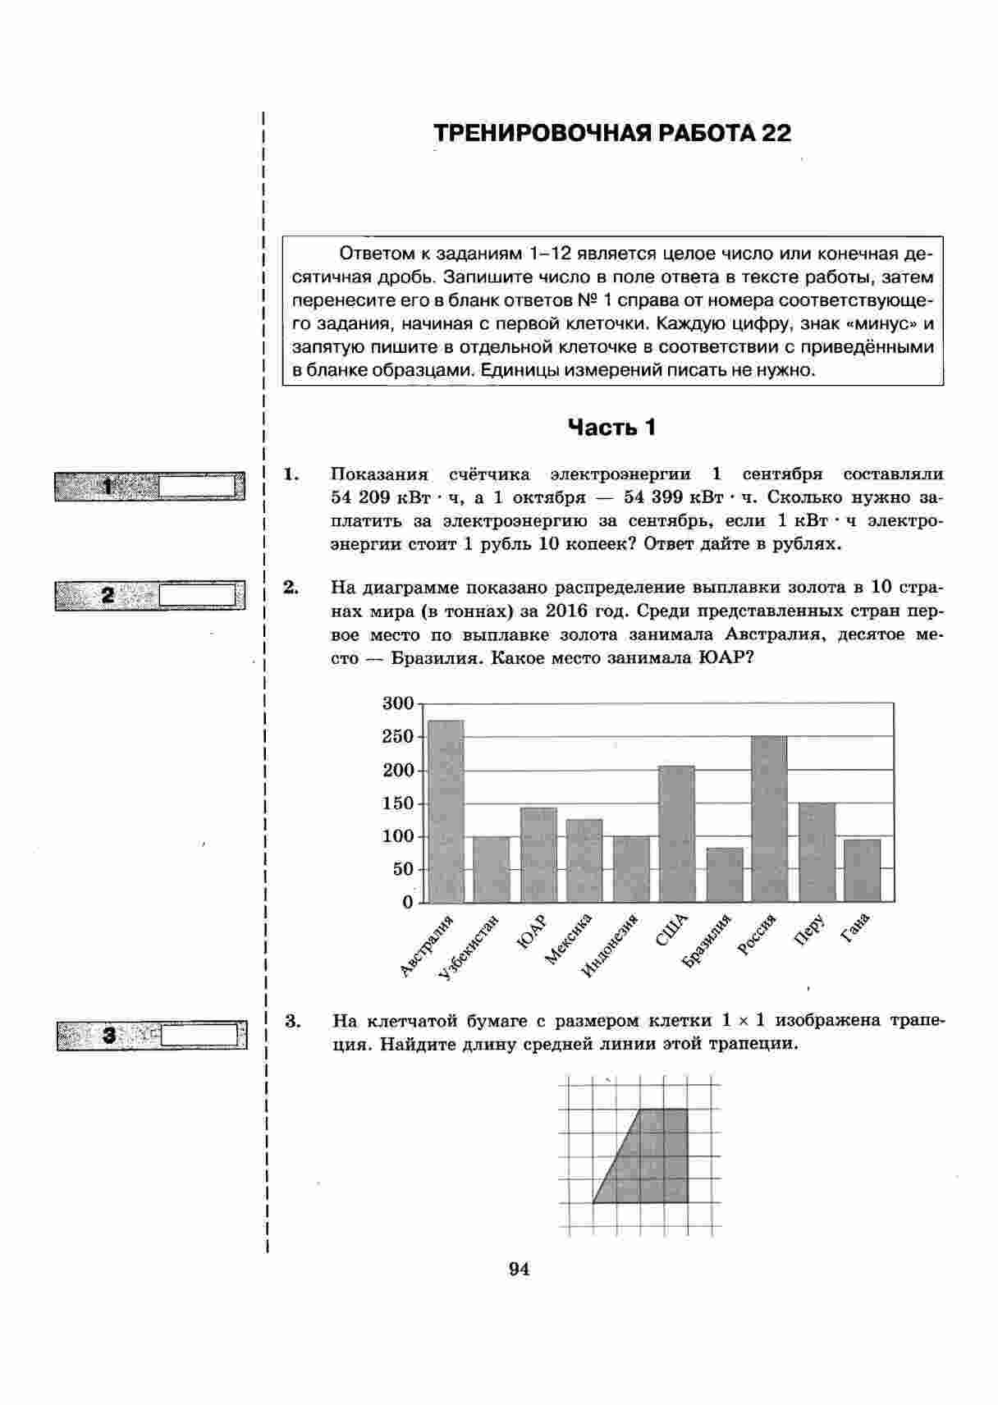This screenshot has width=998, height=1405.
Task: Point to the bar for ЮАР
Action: (x=538, y=855)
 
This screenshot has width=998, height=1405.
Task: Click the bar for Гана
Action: (x=862, y=871)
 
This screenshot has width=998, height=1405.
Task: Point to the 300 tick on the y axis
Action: (x=398, y=703)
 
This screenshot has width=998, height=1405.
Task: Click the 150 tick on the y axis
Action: (x=398, y=803)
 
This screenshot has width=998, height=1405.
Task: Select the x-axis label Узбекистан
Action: (x=469, y=946)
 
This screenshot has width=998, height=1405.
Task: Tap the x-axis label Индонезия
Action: (x=610, y=945)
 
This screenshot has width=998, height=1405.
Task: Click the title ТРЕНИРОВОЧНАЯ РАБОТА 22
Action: (x=612, y=133)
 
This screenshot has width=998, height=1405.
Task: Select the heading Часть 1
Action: (x=612, y=428)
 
